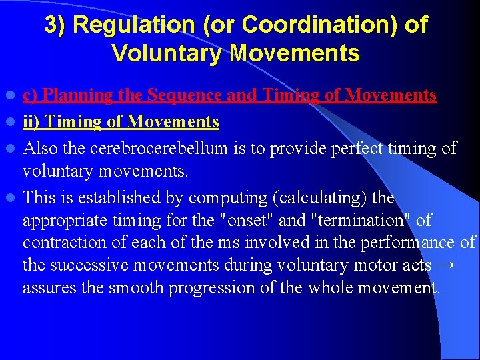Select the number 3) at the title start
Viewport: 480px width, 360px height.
pyautogui.click(x=55, y=25)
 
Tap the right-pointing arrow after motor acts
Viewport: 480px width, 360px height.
pyautogui.click(x=447, y=265)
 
